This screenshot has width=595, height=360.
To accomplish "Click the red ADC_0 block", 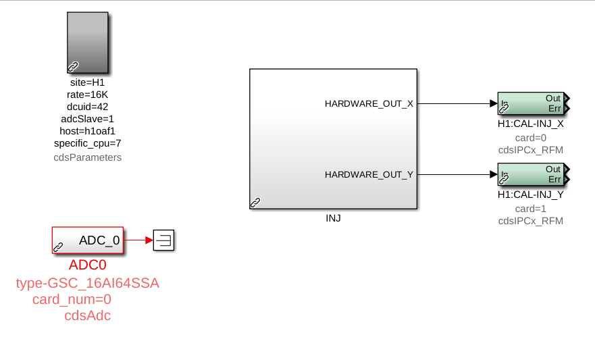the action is point(88,240).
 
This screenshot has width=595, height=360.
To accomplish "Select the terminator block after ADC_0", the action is point(164,240).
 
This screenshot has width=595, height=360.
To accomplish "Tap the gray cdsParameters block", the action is point(88,43).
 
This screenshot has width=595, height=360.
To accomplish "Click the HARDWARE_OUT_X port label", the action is point(369,104).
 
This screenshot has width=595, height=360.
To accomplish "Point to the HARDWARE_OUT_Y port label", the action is point(369,174).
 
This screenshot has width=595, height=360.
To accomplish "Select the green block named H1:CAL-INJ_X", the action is point(532,103).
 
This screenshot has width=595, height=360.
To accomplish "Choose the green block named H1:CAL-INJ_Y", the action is point(532,174).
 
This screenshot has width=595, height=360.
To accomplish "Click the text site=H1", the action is point(87,82).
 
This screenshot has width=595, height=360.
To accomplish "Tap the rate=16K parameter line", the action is point(87,95).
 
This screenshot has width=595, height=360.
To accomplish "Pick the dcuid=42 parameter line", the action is point(87,107).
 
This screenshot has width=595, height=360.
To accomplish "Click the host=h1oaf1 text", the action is point(87,131).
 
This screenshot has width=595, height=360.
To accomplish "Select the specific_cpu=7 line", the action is point(87,143).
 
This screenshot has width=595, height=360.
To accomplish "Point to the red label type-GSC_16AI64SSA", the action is point(88,284).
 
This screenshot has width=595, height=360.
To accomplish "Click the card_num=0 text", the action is point(72,299).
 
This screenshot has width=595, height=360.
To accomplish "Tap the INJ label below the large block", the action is point(333,218).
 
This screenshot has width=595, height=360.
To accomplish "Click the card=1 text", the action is point(530,209).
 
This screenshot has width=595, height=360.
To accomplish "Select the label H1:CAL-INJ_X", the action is point(530,124).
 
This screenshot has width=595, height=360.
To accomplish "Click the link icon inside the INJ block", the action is point(255,203).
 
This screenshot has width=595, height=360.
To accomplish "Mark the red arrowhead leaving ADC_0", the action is point(149,240).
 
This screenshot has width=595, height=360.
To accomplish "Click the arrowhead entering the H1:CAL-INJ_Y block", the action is point(494,174).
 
